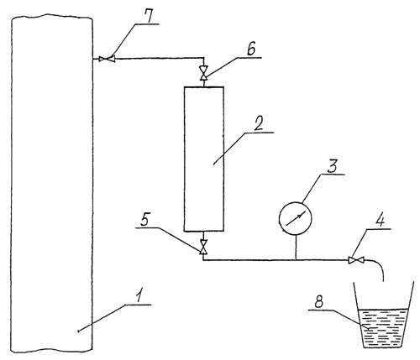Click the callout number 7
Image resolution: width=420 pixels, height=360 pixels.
(148, 17)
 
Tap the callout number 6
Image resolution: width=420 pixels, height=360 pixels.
(251, 50)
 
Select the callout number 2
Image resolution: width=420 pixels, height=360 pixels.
(259, 124)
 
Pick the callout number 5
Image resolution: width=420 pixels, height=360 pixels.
(145, 220)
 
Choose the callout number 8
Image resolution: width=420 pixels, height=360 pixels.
(319, 302)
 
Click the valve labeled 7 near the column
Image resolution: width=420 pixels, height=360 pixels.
(108, 59)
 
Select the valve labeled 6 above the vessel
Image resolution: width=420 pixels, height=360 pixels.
(204, 73)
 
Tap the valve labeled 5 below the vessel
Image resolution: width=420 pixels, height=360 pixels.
(203, 247)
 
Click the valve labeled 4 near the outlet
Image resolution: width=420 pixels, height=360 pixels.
(356, 260)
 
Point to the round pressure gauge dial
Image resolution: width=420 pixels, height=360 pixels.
(296, 218)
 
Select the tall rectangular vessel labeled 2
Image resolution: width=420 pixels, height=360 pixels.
(204, 159)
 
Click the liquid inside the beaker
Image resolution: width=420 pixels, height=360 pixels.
(383, 328)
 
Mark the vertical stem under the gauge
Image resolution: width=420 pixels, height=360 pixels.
(296, 248)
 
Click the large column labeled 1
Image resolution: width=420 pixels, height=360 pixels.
(52, 182)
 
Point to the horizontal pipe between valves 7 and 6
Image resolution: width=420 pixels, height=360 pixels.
(159, 59)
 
